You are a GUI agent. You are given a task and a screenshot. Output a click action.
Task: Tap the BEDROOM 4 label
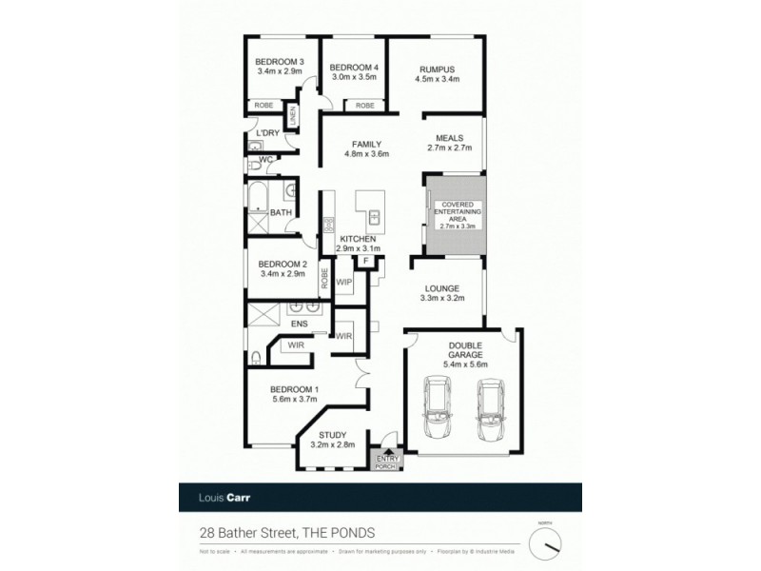(354, 68)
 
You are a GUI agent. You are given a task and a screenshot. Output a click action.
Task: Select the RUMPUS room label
(438, 69)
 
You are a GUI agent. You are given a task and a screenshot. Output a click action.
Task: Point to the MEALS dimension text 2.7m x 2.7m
(449, 149)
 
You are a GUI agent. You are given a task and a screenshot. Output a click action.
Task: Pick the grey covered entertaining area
(455, 215)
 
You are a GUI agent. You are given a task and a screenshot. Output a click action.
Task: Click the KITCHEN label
(358, 238)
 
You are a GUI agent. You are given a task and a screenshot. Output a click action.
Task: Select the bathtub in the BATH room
(257, 201)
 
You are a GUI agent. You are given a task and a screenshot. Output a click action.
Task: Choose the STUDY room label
(332, 434)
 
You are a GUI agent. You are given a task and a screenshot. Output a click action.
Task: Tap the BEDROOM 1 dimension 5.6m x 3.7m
(294, 401)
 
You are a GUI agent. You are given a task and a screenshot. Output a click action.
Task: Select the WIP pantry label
(345, 283)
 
